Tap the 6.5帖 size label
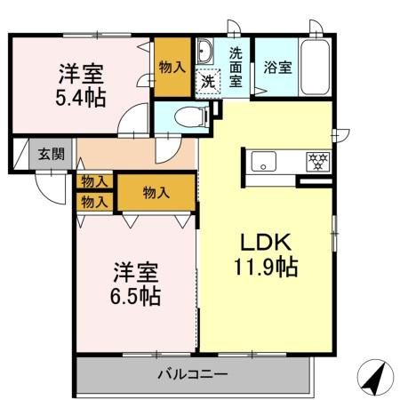click(x=136, y=295)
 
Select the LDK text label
click(x=260, y=241)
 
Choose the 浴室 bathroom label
click(x=276, y=68)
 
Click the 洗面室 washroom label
click(x=237, y=67)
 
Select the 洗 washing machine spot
click(x=206, y=81)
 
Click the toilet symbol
click(x=188, y=115)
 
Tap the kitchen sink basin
click(x=264, y=161)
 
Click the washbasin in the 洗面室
click(x=204, y=50)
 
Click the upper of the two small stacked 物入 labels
click(x=94, y=181)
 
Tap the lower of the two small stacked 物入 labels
click(x=94, y=201)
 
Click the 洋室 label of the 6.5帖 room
click(x=136, y=270)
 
